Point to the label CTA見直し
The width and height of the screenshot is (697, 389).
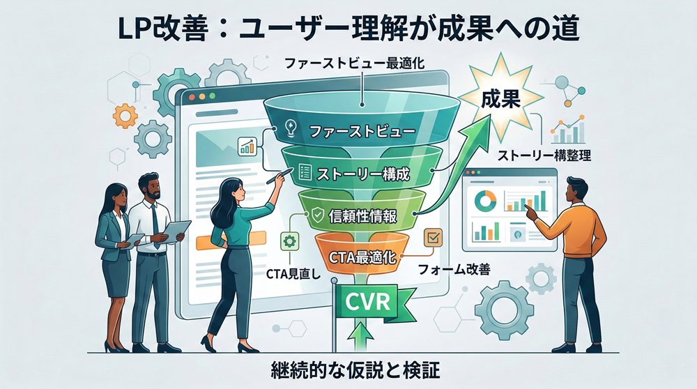click(287, 273)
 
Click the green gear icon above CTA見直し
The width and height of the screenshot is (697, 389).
click(288, 242)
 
